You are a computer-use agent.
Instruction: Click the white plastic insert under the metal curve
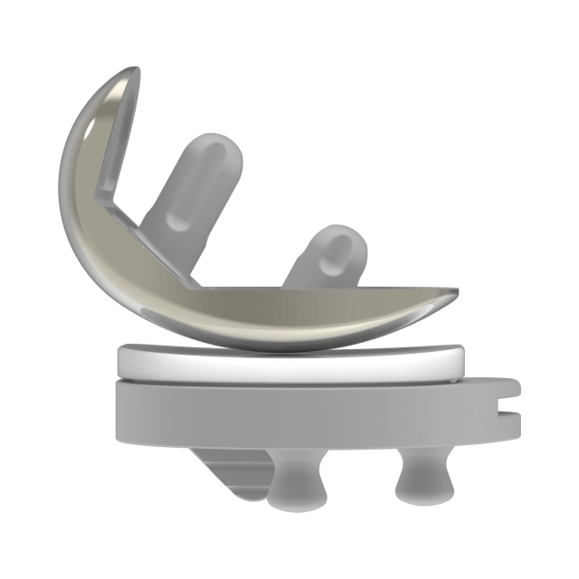pos(289,364)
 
